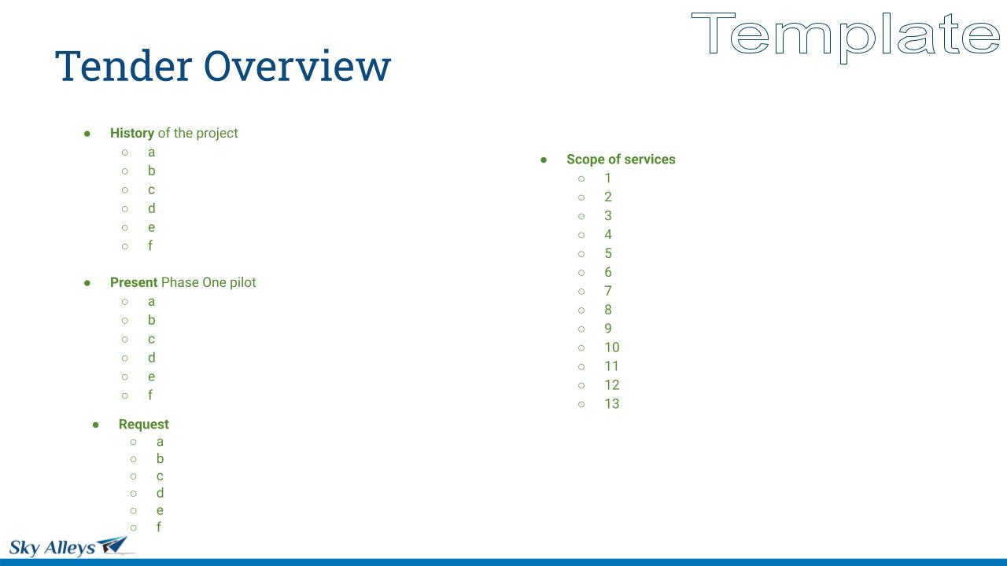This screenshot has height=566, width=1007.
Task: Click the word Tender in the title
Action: (124, 66)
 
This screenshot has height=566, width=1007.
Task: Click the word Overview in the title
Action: (297, 66)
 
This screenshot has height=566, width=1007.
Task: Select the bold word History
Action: (132, 133)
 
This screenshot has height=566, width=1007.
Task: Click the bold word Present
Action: (134, 282)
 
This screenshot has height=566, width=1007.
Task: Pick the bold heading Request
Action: (143, 424)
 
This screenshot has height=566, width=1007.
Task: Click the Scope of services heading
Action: (621, 159)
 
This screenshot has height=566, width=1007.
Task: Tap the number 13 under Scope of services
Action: (612, 403)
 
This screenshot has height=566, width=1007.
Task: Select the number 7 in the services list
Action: (608, 291)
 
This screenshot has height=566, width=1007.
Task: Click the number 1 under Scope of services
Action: (608, 178)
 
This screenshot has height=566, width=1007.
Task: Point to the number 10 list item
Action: (612, 347)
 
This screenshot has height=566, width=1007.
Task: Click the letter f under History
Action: (150, 245)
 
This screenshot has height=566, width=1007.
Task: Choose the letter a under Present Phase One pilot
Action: (152, 301)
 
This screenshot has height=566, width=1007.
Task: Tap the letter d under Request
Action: (160, 493)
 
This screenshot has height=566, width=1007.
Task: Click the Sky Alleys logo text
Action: (52, 548)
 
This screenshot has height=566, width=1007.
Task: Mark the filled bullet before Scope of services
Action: (544, 160)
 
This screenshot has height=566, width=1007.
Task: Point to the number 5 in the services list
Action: (608, 253)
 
